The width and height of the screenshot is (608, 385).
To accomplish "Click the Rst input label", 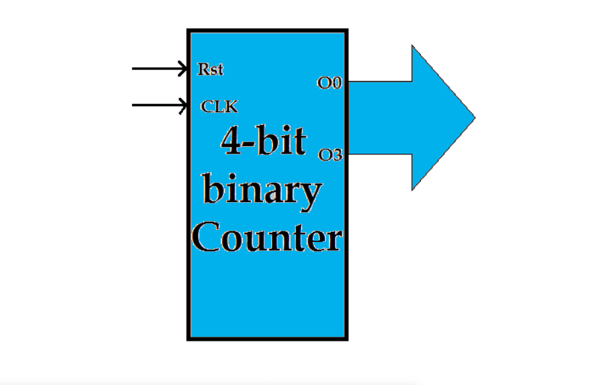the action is coord(210,69).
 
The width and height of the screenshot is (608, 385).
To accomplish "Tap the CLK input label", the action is coord(219,107).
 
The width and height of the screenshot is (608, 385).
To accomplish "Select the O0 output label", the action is coord(330,84).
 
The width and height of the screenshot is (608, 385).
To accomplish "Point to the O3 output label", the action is coord(330,155).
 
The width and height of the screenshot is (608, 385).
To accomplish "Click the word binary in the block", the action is coord(262,190).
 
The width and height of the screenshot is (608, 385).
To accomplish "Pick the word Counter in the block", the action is coord(266,239).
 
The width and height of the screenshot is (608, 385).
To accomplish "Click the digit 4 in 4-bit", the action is coord(229,141).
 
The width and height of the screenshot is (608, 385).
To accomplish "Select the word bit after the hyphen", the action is coord(281,141).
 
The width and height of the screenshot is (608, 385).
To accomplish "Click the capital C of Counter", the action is coord(206,239).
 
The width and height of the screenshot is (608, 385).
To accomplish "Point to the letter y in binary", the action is coord(310,195).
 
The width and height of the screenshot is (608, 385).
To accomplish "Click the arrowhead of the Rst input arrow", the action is coord(184,69).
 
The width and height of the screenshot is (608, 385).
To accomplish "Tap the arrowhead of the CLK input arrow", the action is coord(184,105).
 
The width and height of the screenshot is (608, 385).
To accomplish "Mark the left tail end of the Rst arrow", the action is coord(133,69).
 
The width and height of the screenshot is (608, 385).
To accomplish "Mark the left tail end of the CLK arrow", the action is coord(133,105).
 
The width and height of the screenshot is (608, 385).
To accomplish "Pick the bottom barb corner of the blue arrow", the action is coord(413,188).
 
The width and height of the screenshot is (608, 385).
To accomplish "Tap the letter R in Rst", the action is coord(202,69).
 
